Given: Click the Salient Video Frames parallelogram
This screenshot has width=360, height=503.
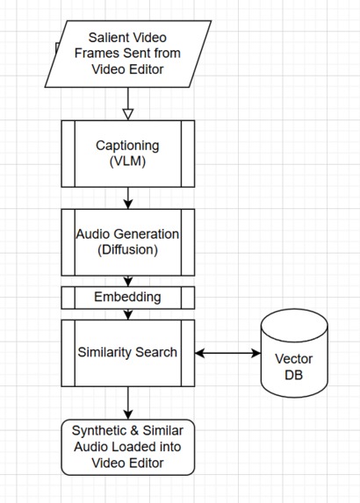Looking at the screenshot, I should click(128, 54).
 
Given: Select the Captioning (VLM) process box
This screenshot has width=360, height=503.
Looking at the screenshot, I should click(128, 154).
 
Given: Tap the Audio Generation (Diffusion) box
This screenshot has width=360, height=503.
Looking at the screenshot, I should click(128, 242).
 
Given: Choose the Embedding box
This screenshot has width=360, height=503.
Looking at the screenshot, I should click(128, 298).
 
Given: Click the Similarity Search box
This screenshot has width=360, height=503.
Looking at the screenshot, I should click(128, 353).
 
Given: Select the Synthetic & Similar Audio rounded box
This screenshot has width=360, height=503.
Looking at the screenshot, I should click(128, 446).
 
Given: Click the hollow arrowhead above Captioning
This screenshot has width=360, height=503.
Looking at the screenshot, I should click(128, 113).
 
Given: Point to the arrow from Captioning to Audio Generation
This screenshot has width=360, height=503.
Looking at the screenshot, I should click(128, 199).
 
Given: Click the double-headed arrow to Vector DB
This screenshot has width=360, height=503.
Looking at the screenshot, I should click(227, 353).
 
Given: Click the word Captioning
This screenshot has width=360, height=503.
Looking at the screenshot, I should click(128, 145).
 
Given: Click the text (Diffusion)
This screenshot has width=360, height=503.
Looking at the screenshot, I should click(128, 250).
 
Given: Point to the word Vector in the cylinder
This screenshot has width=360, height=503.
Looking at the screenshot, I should click(294, 359).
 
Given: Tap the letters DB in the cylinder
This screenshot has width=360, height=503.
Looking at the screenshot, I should click(294, 375).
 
